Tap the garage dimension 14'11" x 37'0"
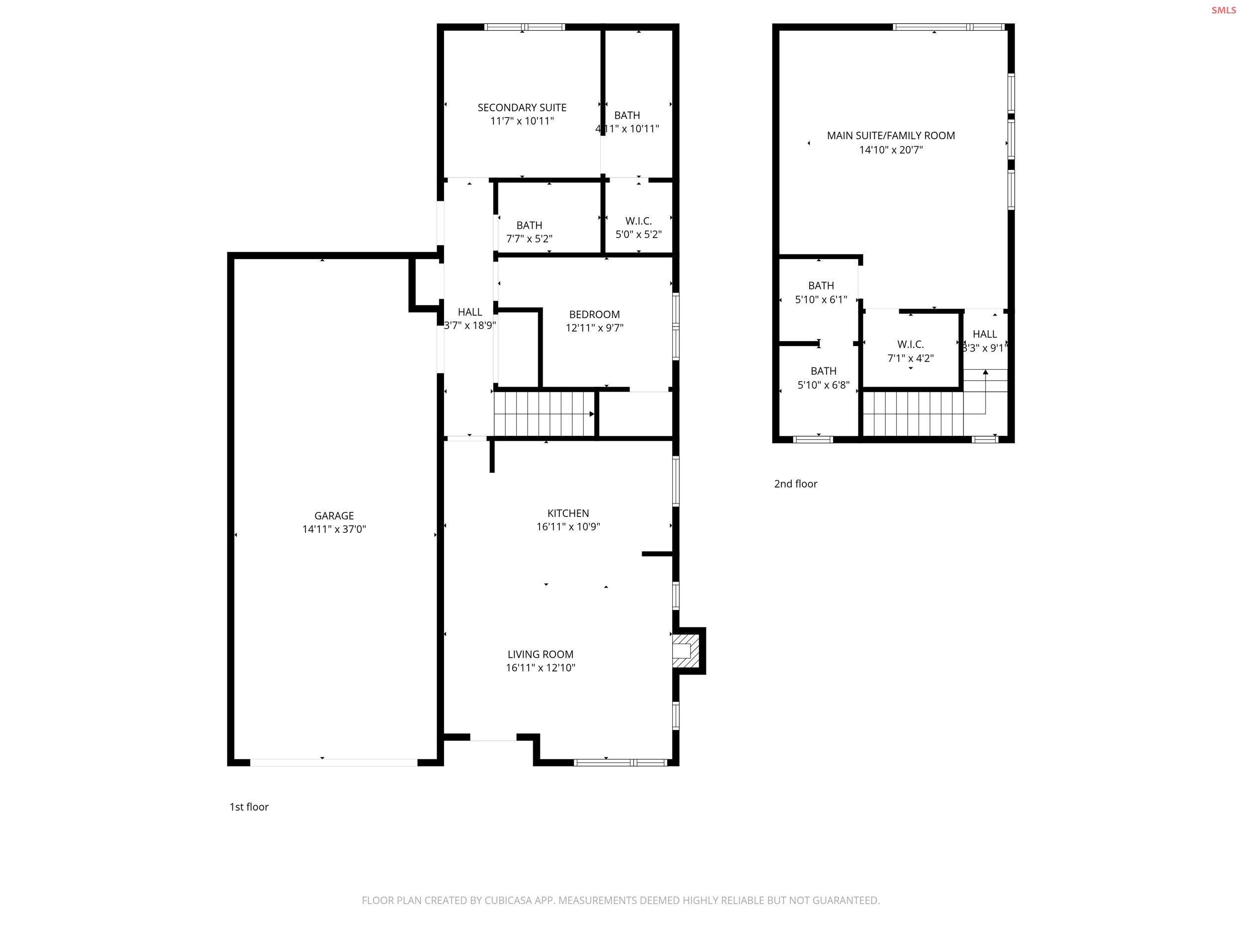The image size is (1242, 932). (333, 529)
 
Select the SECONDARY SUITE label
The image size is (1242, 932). (522, 107)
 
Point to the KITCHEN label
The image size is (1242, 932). (568, 513)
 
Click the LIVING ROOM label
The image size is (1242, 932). (540, 655)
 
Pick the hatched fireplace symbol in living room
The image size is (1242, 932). (686, 652)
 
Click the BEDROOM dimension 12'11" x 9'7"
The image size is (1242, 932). (594, 328)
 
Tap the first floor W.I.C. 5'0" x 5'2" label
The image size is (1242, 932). (638, 228)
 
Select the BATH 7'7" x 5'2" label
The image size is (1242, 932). (529, 232)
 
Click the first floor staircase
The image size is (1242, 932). (543, 414)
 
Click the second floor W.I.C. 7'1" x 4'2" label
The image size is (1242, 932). (910, 351)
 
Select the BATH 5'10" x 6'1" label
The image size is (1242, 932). (821, 292)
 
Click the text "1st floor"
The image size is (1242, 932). (249, 807)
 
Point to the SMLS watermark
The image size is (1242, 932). (1223, 10)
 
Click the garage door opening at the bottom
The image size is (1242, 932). (333, 763)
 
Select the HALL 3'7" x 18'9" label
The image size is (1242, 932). (469, 319)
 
